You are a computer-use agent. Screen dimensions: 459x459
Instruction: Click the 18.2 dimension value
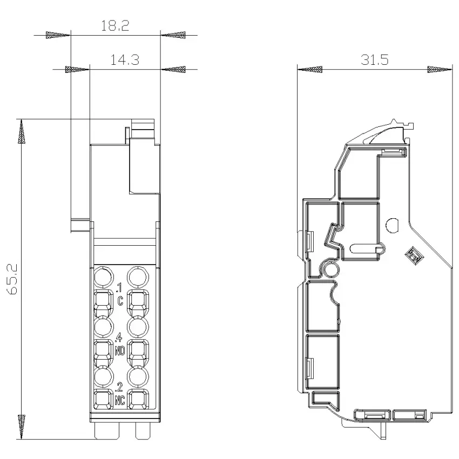(115, 25)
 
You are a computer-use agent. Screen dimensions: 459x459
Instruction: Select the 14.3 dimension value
(124, 60)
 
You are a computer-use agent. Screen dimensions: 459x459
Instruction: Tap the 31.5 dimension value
(374, 60)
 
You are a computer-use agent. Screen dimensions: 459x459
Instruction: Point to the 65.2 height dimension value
(12, 279)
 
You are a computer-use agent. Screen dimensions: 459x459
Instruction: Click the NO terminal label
(120, 350)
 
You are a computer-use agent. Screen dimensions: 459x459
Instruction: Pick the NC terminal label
(120, 400)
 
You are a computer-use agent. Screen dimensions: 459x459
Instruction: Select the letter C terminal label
(120, 301)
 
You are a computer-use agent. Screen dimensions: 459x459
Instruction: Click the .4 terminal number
(119, 337)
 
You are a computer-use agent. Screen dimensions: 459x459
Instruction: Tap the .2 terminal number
(119, 387)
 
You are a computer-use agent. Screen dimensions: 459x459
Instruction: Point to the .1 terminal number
(119, 288)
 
